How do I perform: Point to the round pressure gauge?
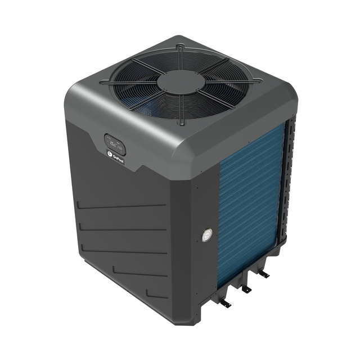pyautogui.click(x=207, y=235)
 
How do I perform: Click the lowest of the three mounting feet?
pyautogui.click(x=224, y=303)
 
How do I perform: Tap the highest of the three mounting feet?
pyautogui.click(x=263, y=274)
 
